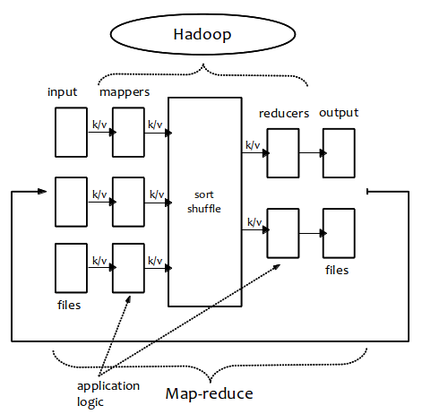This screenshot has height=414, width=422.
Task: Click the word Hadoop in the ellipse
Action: point(202,34)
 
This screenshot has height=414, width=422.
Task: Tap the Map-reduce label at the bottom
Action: point(209,393)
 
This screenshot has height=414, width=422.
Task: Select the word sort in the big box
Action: point(204,194)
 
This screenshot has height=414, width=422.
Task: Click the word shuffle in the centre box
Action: point(204,209)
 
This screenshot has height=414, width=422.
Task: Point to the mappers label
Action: point(125,92)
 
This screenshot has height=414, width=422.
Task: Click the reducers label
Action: point(284,114)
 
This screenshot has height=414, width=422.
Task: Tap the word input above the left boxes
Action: point(63,92)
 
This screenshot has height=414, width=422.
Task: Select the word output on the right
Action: point(339,113)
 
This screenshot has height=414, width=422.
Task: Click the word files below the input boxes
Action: point(69,305)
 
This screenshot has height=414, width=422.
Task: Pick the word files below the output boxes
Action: point(337,270)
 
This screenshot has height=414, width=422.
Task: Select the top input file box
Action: point(71,133)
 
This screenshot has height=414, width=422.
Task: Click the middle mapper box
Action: point(128,202)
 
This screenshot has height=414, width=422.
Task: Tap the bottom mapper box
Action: point(128,268)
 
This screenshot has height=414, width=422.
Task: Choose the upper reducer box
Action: point(283,153)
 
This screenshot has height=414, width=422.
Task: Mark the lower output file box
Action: point(339,233)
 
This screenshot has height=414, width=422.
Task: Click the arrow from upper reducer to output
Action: point(313,153)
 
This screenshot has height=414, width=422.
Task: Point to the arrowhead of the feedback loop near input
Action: point(42,191)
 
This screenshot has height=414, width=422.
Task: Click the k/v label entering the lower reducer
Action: point(254,222)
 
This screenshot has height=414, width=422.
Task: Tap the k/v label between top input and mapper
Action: point(99,125)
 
